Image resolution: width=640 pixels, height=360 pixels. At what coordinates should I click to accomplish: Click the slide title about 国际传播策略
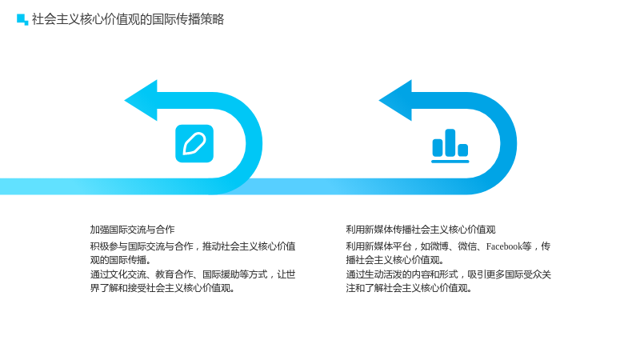pyautogui.click(x=128, y=19)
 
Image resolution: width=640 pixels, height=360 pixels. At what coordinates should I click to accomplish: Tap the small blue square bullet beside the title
pyautogui.click(x=22, y=19)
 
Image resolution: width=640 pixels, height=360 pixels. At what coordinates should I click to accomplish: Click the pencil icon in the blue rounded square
pyautogui.click(x=194, y=143)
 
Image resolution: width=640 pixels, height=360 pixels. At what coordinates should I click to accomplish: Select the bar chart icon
pyautogui.click(x=450, y=146)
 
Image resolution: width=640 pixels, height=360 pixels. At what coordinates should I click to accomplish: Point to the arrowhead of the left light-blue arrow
pyautogui.click(x=142, y=101)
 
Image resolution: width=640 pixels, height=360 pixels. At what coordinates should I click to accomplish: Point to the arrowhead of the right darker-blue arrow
pyautogui.click(x=396, y=101)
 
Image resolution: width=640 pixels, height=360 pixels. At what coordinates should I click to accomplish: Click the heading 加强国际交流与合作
pyautogui.click(x=132, y=230)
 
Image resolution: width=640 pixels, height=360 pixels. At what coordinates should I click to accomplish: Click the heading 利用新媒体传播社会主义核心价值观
pyautogui.click(x=421, y=230)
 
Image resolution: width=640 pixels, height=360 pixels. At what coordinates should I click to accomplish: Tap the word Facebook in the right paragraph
pyautogui.click(x=504, y=246)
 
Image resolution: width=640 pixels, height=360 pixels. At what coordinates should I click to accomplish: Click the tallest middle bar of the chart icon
pyautogui.click(x=450, y=143)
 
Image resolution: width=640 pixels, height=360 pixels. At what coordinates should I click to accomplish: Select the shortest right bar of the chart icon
pyautogui.click(x=463, y=150)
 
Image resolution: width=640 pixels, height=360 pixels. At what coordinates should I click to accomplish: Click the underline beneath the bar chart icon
pyautogui.click(x=450, y=162)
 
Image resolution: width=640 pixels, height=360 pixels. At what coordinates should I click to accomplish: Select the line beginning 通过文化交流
pyautogui.click(x=193, y=274)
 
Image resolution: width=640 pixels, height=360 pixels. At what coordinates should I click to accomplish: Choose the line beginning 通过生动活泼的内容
pyautogui.click(x=449, y=274)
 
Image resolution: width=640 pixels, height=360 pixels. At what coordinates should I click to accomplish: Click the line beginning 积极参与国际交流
pyautogui.click(x=193, y=246)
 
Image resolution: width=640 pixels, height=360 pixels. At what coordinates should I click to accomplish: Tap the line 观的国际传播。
pyautogui.click(x=121, y=260)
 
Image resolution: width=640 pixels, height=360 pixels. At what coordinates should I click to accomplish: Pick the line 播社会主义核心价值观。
pyautogui.click(x=395, y=260)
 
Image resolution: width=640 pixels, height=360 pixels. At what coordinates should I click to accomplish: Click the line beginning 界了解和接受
pyautogui.click(x=163, y=288)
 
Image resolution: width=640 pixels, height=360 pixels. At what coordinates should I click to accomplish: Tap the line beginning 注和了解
pyautogui.click(x=409, y=288)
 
